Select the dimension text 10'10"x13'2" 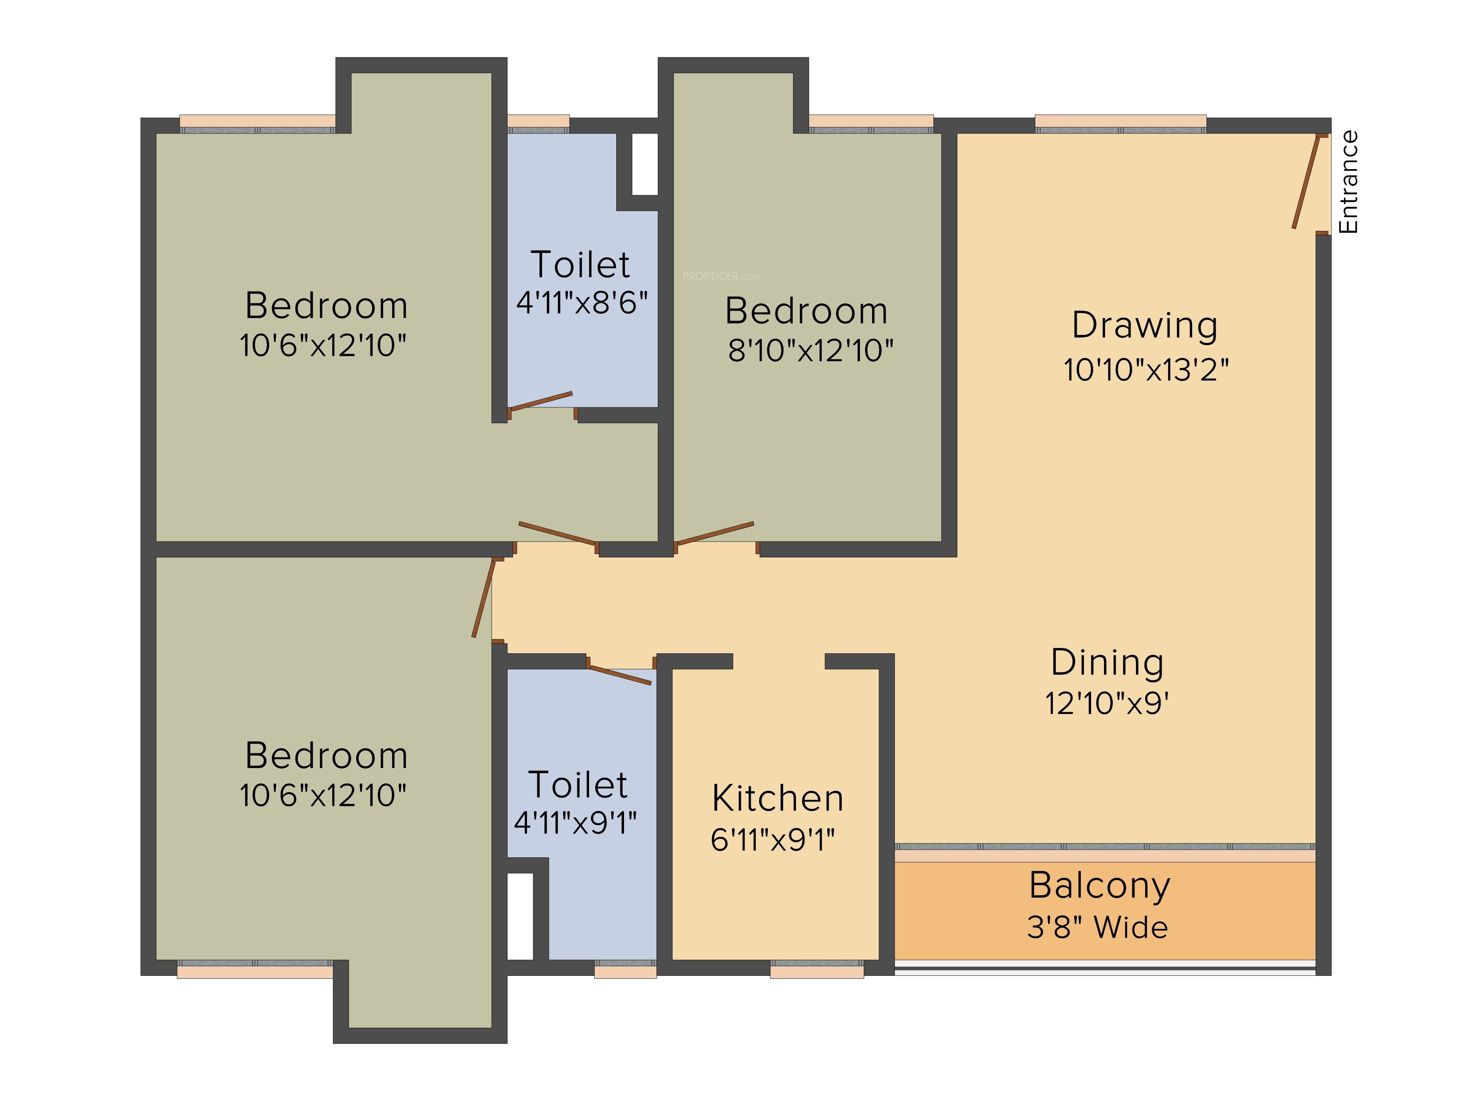pos(1146,370)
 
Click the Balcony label pos(1100,886)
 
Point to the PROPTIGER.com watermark pos(721,276)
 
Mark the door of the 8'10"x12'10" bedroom pos(714,533)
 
